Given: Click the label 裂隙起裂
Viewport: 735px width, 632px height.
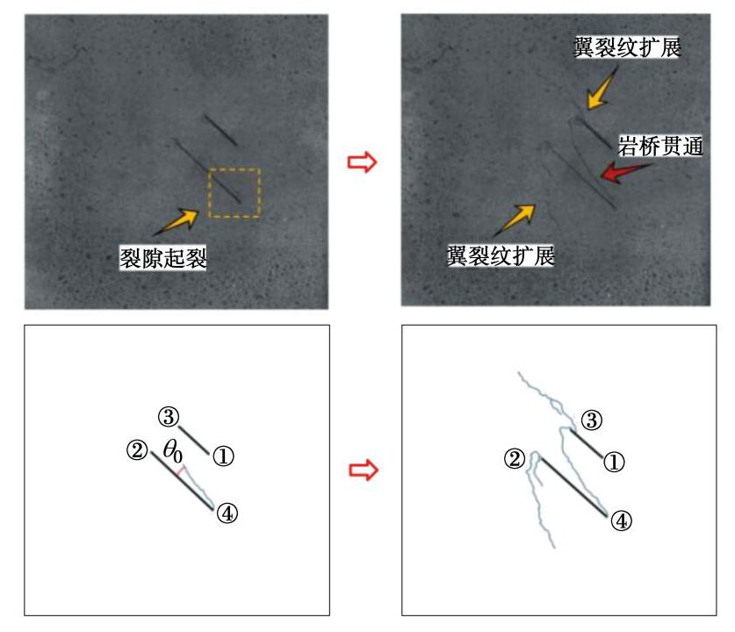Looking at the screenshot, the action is [163, 258].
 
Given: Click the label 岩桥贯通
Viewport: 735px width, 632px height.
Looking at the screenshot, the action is [660, 147].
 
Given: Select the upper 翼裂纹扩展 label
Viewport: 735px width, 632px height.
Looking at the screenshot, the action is [627, 47].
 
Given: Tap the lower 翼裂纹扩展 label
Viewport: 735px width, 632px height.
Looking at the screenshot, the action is [501, 255].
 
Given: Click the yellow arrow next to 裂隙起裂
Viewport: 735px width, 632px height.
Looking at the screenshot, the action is [177, 221].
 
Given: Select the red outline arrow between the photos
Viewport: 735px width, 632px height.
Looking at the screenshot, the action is [362, 162].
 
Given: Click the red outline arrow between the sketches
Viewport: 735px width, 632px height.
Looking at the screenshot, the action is [364, 470].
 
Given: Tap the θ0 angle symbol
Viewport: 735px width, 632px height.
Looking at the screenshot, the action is [172, 451].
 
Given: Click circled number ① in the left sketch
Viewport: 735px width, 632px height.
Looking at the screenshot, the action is [223, 456].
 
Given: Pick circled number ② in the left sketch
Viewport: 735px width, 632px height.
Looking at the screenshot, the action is [137, 450].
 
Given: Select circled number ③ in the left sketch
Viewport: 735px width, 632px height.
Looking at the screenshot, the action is [169, 416].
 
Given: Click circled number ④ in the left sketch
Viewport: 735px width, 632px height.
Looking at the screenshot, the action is [227, 513].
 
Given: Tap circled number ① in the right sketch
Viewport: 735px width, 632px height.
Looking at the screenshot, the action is [614, 462].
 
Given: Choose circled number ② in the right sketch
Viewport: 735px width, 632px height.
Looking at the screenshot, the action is [515, 459].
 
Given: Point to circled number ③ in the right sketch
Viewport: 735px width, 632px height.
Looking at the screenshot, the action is [592, 420].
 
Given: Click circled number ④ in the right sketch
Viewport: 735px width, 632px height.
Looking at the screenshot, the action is [622, 521].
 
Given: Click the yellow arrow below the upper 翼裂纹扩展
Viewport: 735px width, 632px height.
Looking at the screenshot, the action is [602, 89].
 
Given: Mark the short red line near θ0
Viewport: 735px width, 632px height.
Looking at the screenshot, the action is [179, 471].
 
